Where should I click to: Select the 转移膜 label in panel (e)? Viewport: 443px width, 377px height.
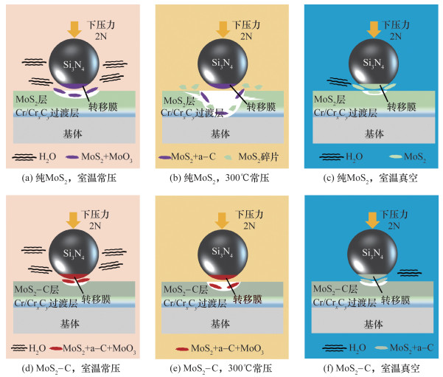pyautogui.click(x=248, y=300)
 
